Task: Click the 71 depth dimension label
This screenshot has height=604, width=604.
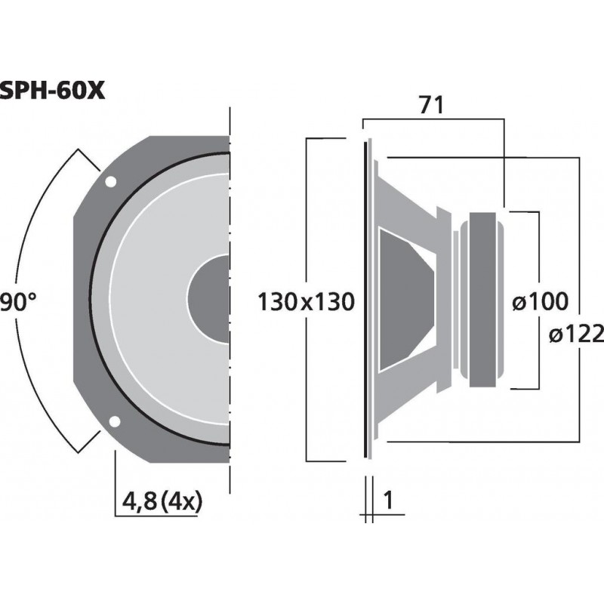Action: tap(430, 106)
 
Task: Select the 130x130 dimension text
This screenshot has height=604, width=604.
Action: tap(306, 303)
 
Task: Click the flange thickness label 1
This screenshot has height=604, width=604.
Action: tap(390, 501)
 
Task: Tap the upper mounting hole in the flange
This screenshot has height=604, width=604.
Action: tap(111, 182)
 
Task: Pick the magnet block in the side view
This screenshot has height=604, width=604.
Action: tap(484, 300)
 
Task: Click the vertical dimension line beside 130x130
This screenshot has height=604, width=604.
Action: tap(306, 226)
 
